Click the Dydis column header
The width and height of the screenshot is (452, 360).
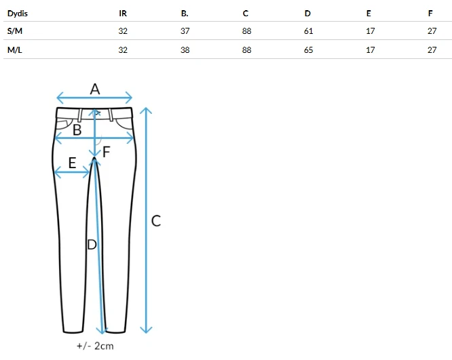17,14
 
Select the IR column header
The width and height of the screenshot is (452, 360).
123,14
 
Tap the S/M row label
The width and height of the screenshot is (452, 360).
15,31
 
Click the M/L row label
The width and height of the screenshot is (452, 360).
15,49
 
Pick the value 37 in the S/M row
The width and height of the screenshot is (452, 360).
185,31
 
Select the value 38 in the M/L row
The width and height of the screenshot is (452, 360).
185,49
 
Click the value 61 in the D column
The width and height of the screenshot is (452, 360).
308,31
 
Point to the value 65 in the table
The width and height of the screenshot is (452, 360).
308,49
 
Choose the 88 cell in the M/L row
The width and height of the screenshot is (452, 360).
247,49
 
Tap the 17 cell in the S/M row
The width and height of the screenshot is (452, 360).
371,31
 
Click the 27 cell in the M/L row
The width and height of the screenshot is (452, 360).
432,49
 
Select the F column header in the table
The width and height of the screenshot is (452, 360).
430,14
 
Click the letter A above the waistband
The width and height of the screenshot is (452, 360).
95,89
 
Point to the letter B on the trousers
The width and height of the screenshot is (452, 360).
77,130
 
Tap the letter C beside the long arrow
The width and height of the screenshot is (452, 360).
156,221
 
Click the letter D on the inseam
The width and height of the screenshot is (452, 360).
92,245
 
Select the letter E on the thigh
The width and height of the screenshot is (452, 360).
73,163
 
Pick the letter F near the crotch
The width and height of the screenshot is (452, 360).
107,152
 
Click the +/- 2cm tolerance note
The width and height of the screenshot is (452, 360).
95,346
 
